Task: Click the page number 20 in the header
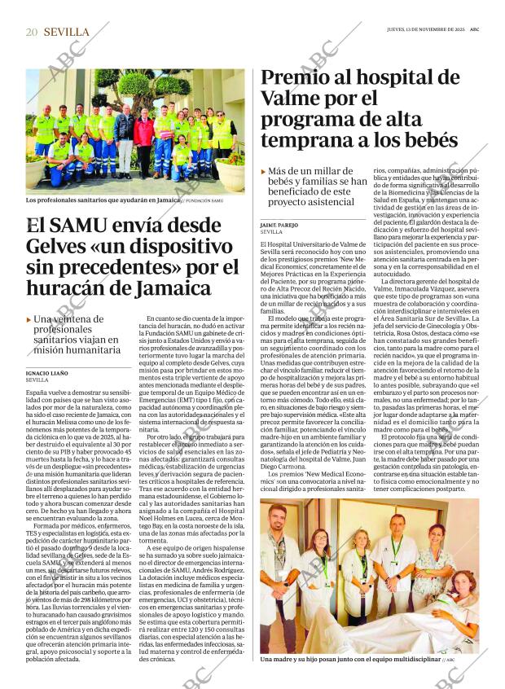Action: coord(32,32)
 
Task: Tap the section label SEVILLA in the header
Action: coord(66,32)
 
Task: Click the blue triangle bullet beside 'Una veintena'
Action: coord(29,319)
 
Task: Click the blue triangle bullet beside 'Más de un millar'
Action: coord(264,172)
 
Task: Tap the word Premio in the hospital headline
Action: coord(296,79)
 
